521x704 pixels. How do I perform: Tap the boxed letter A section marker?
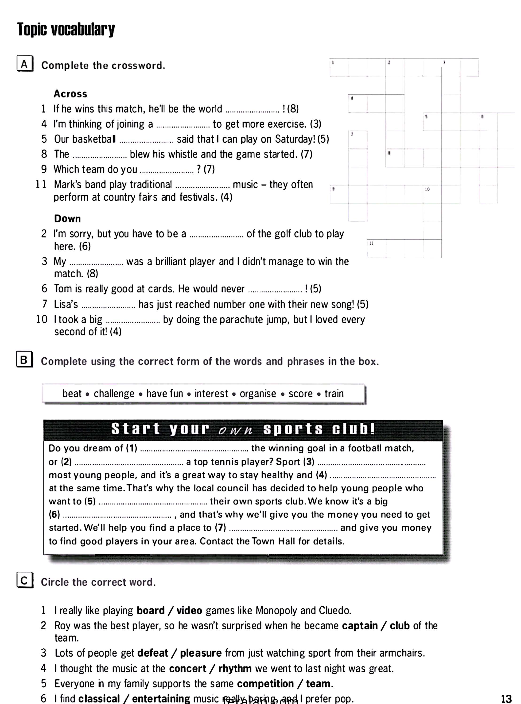[x=25, y=64]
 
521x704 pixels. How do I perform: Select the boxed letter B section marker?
[x=24, y=360]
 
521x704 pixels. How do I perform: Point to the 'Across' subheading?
[x=70, y=94]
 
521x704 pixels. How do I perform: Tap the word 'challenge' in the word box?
[x=114, y=394]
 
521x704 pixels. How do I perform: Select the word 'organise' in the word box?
[x=258, y=394]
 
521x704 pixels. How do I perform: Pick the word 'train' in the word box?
[x=334, y=394]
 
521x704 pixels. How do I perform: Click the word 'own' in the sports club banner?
[x=235, y=430]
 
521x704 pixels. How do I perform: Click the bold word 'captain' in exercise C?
[x=360, y=626]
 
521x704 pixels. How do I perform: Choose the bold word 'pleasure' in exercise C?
[x=201, y=653]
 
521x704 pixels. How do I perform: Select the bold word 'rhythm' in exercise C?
[x=235, y=668]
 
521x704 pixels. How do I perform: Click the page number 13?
[x=506, y=698]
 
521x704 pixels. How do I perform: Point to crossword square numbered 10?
[x=432, y=194]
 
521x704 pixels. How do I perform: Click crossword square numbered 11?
[x=376, y=249]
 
